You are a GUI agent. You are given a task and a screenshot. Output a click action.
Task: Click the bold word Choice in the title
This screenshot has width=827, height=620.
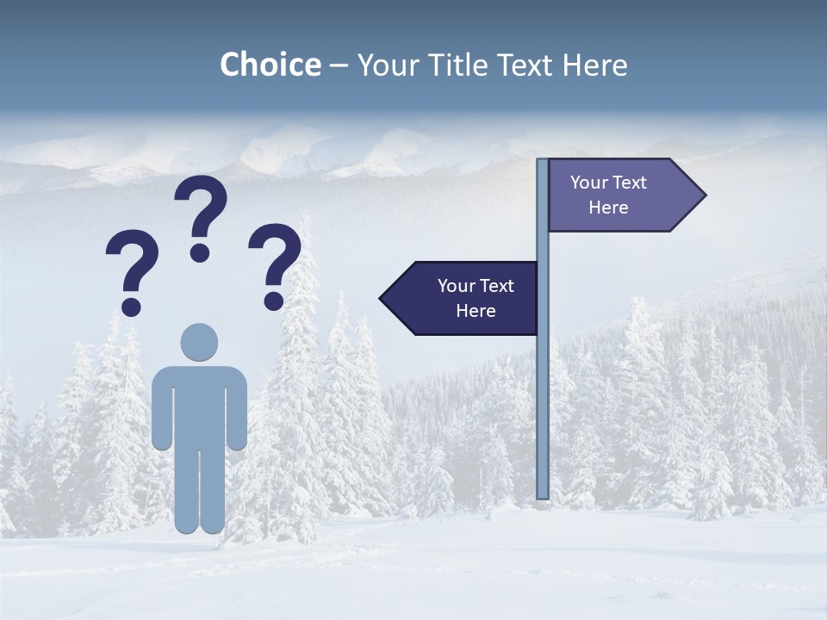coord(270,65)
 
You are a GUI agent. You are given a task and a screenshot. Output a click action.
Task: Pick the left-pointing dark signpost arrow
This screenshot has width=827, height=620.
coord(461,298)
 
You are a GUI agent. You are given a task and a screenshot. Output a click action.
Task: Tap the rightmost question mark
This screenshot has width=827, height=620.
coord(274,265)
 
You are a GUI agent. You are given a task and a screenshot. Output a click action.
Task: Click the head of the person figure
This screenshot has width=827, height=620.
coord(199,342)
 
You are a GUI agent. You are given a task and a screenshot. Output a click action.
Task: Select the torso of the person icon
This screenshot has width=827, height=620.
coord(199,405)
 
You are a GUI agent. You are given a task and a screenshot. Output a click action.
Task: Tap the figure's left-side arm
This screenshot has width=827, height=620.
coord(161,409)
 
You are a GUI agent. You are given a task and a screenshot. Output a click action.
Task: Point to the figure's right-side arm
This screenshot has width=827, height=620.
coord(238,409)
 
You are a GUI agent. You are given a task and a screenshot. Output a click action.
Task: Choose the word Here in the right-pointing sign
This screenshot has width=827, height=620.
coord(608,208)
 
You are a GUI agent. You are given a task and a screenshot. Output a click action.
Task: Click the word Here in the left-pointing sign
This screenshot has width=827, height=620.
coord(476,311)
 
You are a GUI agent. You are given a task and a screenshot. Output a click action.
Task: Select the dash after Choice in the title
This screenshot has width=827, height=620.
coord(339,65)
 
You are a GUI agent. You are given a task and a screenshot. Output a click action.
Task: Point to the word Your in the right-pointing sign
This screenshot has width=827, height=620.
coord(589,183)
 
